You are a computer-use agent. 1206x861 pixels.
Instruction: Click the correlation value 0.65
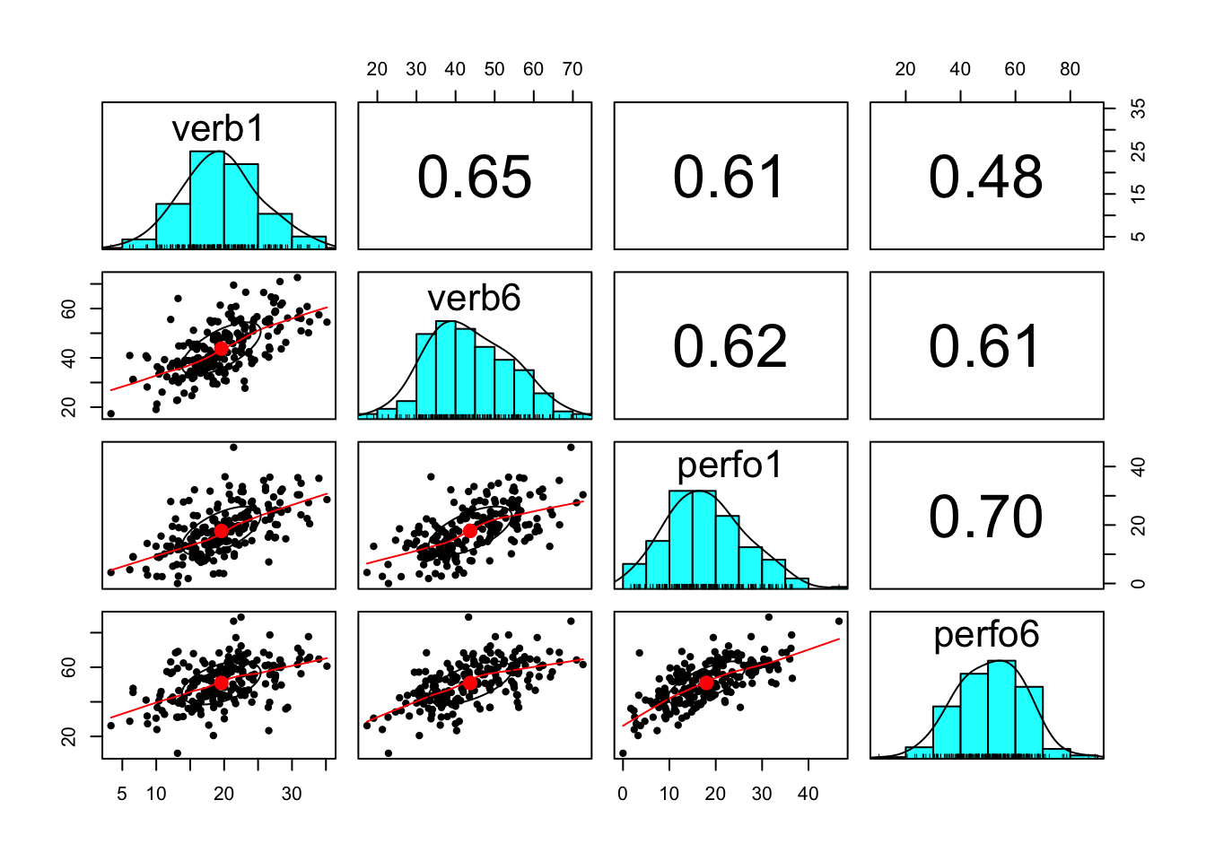pyautogui.click(x=474, y=177)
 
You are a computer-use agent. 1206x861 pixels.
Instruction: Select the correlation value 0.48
pyautogui.click(x=985, y=177)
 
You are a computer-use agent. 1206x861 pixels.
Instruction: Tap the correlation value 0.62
pyautogui.click(x=730, y=346)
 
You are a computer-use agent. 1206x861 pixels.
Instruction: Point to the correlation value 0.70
pyautogui.click(x=985, y=517)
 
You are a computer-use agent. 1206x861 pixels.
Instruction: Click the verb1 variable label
pyautogui.click(x=218, y=129)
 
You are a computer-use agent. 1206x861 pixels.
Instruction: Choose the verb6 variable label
pyautogui.click(x=474, y=298)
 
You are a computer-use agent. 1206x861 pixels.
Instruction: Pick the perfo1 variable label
pyautogui.click(x=730, y=465)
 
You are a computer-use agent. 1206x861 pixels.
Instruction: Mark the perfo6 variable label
pyautogui.click(x=985, y=635)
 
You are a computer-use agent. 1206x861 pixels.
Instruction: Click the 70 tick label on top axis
pyautogui.click(x=572, y=69)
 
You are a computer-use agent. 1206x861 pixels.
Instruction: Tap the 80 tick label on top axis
pyautogui.click(x=1070, y=69)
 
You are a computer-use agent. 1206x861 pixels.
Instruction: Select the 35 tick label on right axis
pyautogui.click(x=1138, y=109)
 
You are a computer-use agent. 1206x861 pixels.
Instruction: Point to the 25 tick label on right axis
pyautogui.click(x=1138, y=152)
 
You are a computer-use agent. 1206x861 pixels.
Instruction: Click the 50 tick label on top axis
pyautogui.click(x=494, y=69)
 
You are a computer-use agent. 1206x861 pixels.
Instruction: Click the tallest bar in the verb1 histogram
pyautogui.click(x=206, y=199)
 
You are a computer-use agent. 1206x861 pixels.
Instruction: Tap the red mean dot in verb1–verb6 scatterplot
pyautogui.click(x=221, y=348)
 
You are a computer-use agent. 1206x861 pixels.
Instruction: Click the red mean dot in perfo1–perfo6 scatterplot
pyautogui.click(x=706, y=683)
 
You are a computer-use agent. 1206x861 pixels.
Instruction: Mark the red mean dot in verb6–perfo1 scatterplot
pyautogui.click(x=470, y=530)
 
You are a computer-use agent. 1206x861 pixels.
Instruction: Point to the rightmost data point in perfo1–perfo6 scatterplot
pyautogui.click(x=839, y=621)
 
